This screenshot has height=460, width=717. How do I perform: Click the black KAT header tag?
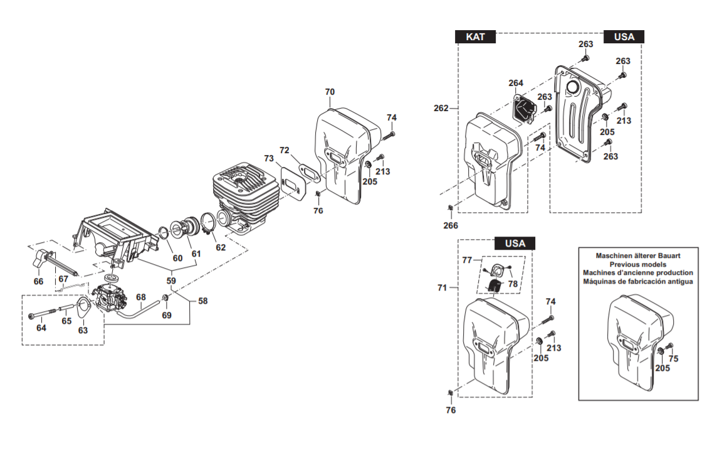[x=475, y=36]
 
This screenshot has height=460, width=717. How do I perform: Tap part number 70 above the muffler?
[x=330, y=92]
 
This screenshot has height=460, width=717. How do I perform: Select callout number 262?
[x=441, y=108]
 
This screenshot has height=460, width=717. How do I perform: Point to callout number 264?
[x=516, y=83]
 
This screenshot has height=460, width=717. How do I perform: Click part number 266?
[x=451, y=225]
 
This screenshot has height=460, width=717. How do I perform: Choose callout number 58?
[x=202, y=301]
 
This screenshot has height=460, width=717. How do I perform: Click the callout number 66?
[x=38, y=281]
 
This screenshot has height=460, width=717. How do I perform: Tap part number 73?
[x=269, y=158]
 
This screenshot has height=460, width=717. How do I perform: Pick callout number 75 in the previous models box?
[x=673, y=358]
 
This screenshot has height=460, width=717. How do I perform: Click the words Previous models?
[x=637, y=264]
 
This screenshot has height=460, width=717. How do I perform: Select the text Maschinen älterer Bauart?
[x=638, y=255]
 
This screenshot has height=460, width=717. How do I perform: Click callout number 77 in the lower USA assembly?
[x=466, y=260]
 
